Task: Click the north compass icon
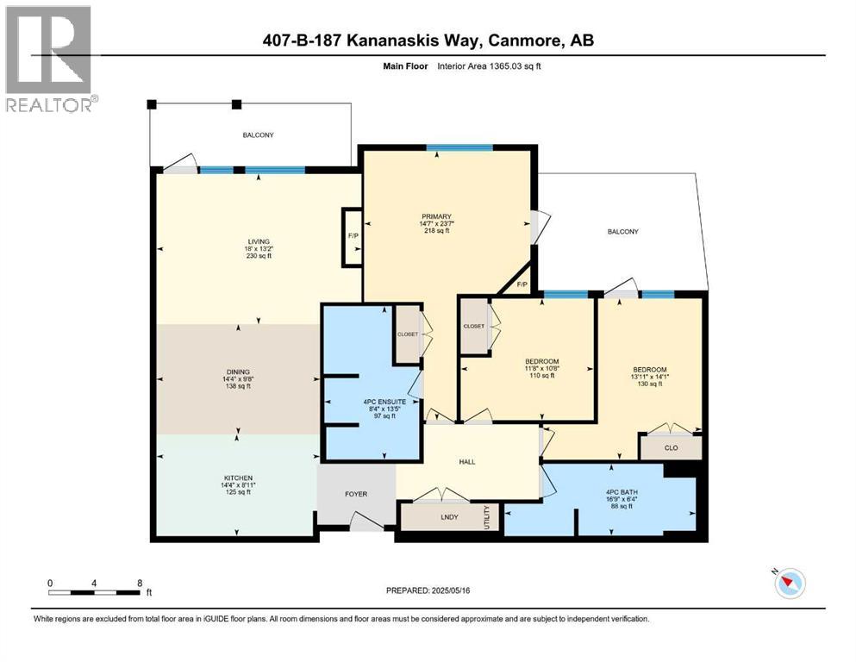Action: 789,584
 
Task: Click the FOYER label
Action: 356,494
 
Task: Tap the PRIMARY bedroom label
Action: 437,216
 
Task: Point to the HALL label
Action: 467,462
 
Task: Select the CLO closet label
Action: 670,448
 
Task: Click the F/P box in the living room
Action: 353,234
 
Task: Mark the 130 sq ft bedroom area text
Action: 649,384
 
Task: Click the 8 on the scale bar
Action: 140,583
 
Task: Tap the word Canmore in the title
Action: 520,40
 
